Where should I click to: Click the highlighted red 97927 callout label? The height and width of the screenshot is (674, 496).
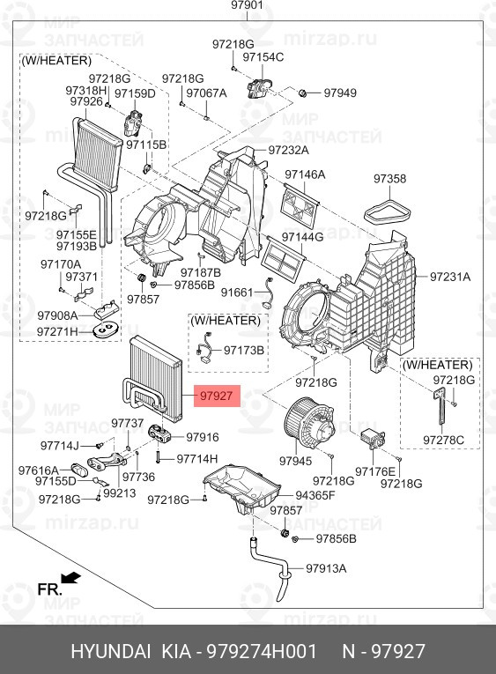point(217,396)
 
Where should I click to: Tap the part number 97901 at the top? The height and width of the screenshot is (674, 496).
point(248,5)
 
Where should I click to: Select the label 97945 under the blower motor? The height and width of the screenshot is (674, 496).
point(295,461)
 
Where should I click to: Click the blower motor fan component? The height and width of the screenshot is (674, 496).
point(308,421)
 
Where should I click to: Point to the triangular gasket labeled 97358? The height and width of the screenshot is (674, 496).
point(389,213)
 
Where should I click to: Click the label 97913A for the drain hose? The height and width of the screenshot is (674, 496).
point(326,568)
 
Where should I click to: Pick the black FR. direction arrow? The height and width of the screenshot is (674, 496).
point(70,578)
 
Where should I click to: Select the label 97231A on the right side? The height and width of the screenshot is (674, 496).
point(450,277)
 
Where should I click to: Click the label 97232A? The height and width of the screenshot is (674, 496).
point(288,150)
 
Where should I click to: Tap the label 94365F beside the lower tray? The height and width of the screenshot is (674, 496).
point(315,495)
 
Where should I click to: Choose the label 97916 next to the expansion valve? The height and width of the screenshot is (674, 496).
point(203,437)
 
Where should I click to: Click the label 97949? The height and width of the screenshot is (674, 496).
point(340,93)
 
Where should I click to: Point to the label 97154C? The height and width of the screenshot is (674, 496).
point(263,56)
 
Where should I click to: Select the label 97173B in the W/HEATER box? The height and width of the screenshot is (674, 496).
point(244,351)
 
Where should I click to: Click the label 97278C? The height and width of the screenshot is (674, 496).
point(443,441)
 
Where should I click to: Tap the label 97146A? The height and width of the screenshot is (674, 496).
point(305,174)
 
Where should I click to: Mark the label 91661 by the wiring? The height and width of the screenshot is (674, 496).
point(237,293)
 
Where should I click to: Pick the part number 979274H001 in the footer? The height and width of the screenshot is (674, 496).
point(262,652)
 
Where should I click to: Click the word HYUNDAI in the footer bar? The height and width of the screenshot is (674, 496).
point(111,652)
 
